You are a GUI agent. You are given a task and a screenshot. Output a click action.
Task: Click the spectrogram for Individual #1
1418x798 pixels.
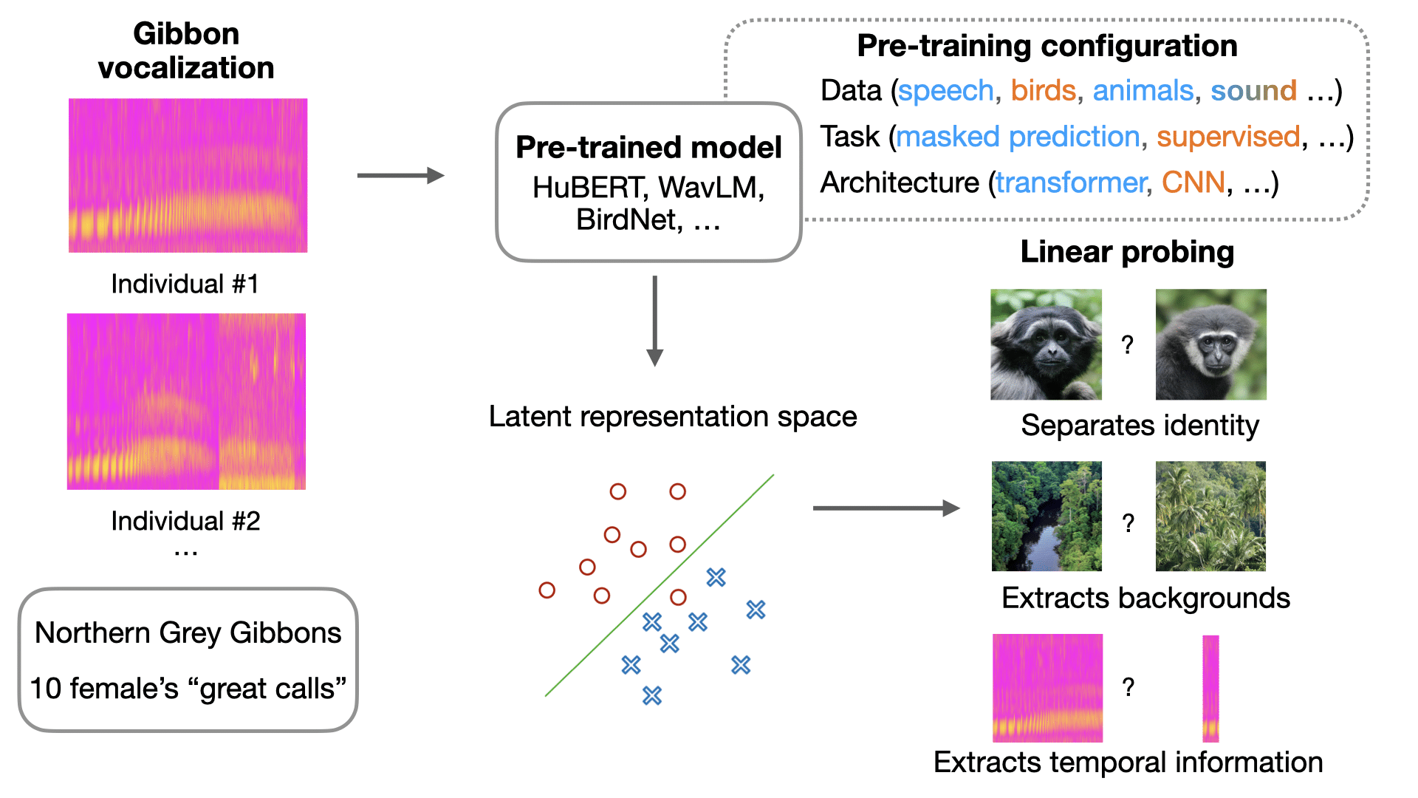[x=188, y=175]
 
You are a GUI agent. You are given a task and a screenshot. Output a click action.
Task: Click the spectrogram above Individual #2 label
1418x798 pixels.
[x=186, y=401]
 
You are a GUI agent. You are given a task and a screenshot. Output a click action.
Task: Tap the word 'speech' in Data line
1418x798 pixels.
[x=946, y=91]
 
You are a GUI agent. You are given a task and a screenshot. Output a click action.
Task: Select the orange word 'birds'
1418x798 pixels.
[x=1043, y=91]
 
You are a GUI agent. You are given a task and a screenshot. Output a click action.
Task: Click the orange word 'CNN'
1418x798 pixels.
[x=1193, y=183]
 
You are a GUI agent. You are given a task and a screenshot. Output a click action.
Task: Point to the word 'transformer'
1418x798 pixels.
[x=1070, y=183]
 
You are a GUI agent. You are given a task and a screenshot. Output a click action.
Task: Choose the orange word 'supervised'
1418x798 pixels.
[x=1227, y=137]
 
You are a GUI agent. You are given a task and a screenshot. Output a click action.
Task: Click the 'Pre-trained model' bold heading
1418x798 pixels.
[x=648, y=147]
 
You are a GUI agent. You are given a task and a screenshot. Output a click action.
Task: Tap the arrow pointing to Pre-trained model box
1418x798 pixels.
[x=400, y=176]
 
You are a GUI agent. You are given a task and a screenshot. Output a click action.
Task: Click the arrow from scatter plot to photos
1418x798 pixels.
[x=886, y=508]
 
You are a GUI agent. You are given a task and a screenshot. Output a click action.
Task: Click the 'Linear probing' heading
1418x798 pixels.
[x=1127, y=252]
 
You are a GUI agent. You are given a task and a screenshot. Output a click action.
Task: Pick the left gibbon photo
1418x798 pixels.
[x=1046, y=344]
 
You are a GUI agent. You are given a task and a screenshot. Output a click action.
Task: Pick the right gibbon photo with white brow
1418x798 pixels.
[x=1210, y=344]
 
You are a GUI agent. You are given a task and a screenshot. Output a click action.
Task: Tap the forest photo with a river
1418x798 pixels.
[x=1047, y=516]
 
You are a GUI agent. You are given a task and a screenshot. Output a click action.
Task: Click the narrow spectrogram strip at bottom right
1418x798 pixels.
[x=1210, y=688]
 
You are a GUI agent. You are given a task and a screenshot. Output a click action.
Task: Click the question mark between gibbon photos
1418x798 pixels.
[x=1127, y=344]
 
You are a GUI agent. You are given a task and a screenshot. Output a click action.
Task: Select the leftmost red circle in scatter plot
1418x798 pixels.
[x=547, y=590]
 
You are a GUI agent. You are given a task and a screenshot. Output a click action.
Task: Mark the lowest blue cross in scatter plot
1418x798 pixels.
[x=651, y=695]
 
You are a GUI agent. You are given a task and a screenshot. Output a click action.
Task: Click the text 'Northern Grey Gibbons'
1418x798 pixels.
[x=188, y=633]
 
